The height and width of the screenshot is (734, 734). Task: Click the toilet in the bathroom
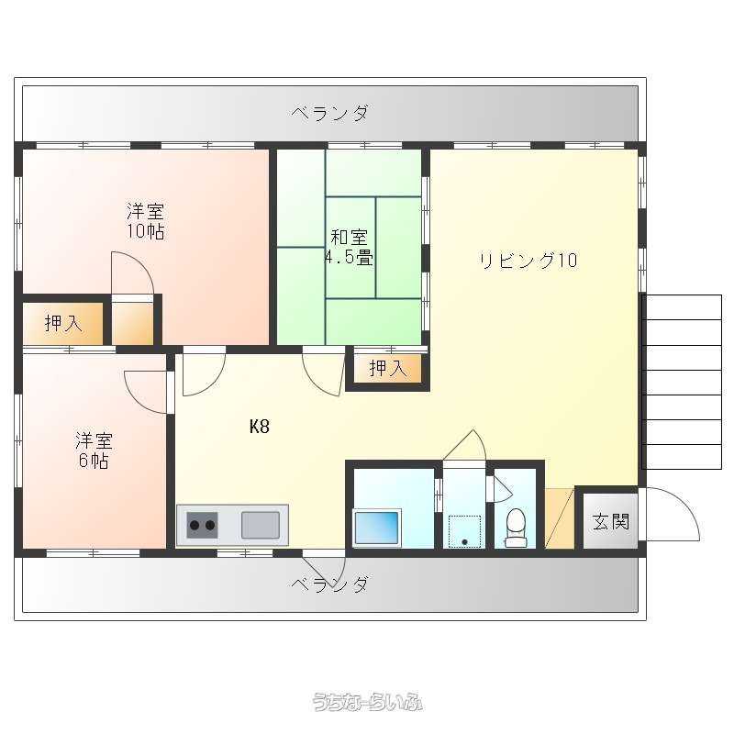pyautogui.click(x=516, y=528)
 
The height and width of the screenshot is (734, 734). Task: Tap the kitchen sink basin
pyautogui.click(x=261, y=525)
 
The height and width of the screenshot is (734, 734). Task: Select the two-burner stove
pyautogui.click(x=202, y=525)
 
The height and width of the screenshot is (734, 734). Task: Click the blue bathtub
pyautogui.click(x=377, y=528)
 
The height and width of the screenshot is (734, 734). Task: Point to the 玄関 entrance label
pyautogui.click(x=610, y=521)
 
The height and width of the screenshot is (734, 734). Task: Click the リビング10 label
pyautogui.click(x=528, y=261)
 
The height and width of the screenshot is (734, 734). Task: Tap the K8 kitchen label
pyautogui.click(x=260, y=426)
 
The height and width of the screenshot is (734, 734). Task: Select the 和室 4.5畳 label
pyautogui.click(x=349, y=247)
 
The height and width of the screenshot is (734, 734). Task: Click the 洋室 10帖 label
pyautogui.click(x=146, y=221)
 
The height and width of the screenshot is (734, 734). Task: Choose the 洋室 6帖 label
pyautogui.click(x=95, y=450)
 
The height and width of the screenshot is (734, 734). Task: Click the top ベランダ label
pyautogui.click(x=330, y=113)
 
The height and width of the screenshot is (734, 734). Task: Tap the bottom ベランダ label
pyautogui.click(x=330, y=584)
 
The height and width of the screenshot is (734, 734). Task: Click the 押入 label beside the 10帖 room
pyautogui.click(x=63, y=323)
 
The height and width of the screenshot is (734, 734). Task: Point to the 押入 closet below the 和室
pyautogui.click(x=388, y=369)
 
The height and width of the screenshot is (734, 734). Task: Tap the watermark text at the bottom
pyautogui.click(x=368, y=702)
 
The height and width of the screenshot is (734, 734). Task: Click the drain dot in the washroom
pyautogui.click(x=465, y=542)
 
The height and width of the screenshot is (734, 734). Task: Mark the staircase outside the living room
pyautogui.click(x=683, y=382)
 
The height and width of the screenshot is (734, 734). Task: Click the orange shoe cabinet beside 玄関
pyautogui.click(x=560, y=518)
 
